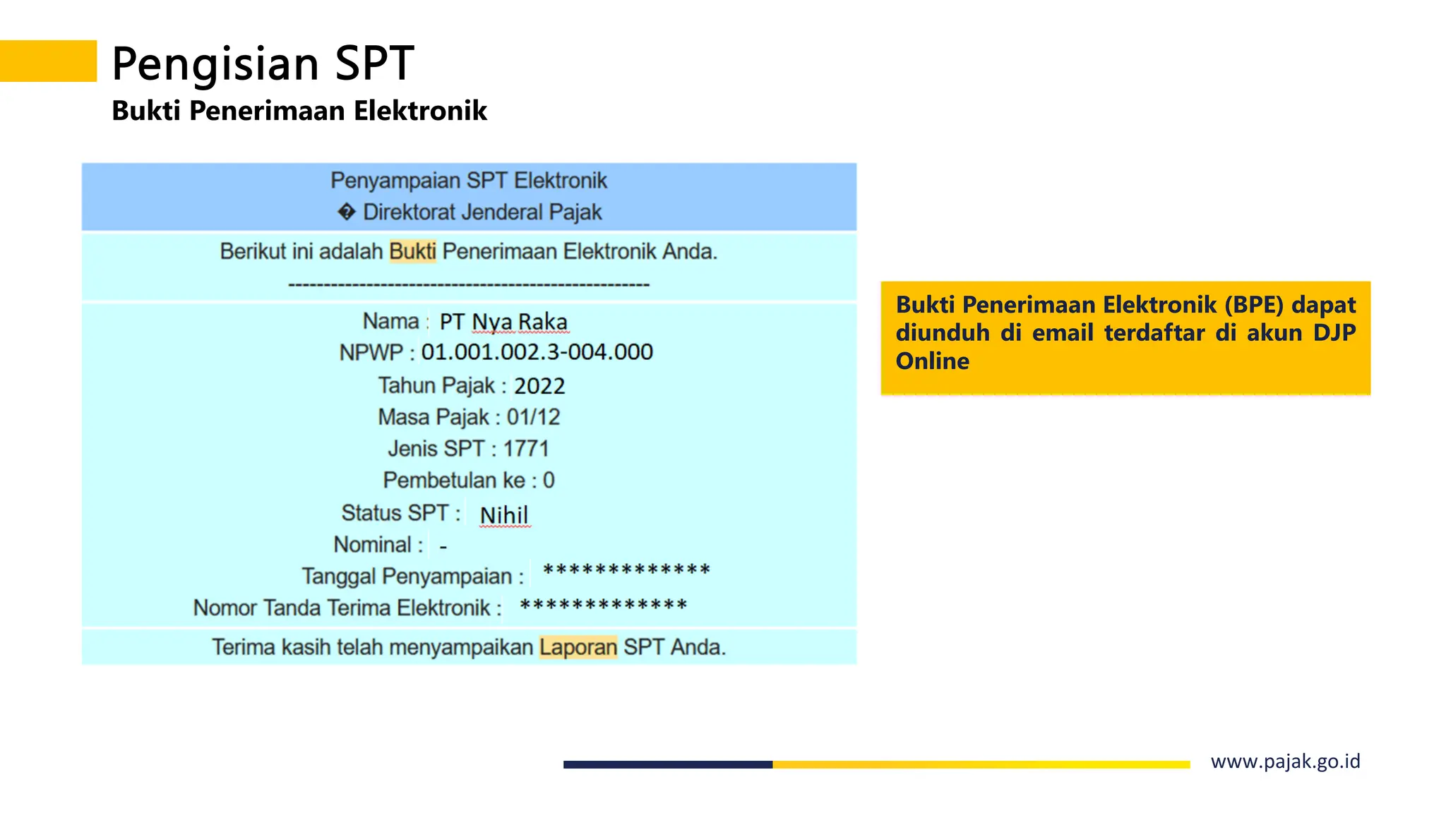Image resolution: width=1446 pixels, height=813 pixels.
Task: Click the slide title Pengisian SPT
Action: click(263, 64)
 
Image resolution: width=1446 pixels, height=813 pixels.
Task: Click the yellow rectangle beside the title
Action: click(48, 61)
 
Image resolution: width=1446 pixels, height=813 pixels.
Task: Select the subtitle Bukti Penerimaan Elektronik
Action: click(299, 111)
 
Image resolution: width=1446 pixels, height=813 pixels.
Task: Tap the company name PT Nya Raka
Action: click(503, 322)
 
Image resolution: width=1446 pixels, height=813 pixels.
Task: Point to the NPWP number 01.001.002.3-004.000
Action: click(537, 351)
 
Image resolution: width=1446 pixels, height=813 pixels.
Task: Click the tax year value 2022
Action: click(539, 386)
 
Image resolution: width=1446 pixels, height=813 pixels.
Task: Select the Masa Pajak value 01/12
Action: click(533, 417)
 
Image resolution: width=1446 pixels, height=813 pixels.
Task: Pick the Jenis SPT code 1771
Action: click(526, 449)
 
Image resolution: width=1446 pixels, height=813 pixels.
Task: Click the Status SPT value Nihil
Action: click(503, 515)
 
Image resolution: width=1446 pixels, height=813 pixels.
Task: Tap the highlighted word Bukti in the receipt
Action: click(412, 251)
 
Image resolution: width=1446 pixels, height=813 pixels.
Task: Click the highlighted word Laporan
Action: click(578, 647)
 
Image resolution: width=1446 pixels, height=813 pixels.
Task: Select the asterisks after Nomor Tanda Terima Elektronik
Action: click(604, 606)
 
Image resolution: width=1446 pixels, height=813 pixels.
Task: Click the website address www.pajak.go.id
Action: click(1285, 761)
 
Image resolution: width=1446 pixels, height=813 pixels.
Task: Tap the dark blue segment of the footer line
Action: click(667, 764)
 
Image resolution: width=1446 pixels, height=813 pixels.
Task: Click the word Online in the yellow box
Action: click(932, 361)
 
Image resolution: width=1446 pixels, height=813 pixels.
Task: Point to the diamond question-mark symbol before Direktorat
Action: click(346, 212)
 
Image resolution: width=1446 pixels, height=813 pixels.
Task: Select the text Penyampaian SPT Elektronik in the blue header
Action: click(469, 181)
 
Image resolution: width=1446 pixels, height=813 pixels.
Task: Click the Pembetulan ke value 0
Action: click(549, 481)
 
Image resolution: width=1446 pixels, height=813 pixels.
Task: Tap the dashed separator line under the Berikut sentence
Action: click(469, 285)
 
